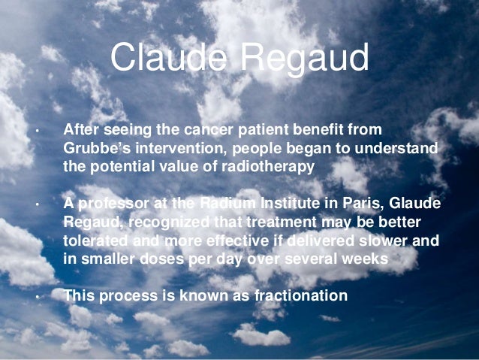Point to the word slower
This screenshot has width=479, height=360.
pos(363,241)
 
